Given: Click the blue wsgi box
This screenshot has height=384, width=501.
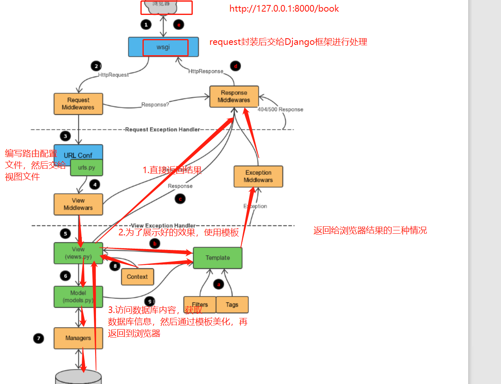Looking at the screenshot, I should [x=163, y=47].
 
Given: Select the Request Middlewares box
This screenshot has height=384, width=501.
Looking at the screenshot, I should [x=78, y=104].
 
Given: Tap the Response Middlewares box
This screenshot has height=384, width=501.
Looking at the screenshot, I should [x=234, y=96].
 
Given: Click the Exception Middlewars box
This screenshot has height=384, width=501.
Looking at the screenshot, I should [x=258, y=176].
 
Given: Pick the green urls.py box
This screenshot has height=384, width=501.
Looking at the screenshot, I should [x=86, y=168].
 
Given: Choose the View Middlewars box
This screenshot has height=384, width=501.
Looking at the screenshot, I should [x=78, y=204].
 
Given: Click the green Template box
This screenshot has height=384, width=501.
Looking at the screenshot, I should [x=217, y=258].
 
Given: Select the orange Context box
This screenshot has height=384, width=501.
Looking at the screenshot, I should [x=137, y=277].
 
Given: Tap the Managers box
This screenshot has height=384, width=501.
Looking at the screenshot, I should [x=78, y=338].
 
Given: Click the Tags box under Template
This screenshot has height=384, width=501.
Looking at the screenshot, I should [x=232, y=305].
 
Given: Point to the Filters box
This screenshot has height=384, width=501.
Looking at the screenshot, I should [x=200, y=305].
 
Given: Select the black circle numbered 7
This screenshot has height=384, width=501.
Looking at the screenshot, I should [x=39, y=339].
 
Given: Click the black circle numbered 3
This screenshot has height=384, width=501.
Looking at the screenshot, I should [x=65, y=136].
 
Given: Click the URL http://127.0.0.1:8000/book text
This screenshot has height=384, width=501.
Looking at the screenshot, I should [x=284, y=9].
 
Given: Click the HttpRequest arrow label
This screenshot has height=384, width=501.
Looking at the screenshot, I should [x=113, y=75].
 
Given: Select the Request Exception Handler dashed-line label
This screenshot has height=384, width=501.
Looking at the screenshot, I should [x=162, y=130].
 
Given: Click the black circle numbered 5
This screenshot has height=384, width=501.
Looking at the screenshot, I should [x=65, y=234].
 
